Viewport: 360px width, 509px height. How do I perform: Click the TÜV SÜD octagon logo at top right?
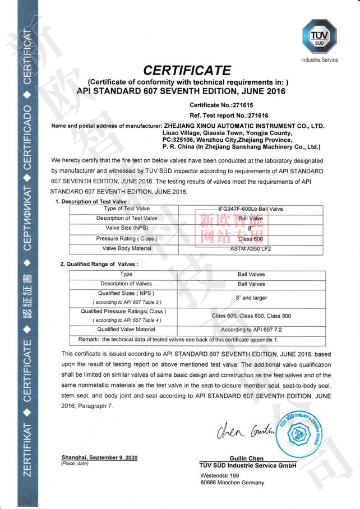point(319,36)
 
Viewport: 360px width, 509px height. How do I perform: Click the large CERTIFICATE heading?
point(187,71)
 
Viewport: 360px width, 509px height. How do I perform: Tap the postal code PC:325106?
point(179,140)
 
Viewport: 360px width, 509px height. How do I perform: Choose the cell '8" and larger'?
point(251,298)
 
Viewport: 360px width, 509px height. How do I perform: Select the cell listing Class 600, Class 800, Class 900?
point(251,316)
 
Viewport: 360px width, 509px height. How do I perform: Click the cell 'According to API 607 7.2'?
point(251,330)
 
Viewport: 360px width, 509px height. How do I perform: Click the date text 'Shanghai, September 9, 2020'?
point(99,458)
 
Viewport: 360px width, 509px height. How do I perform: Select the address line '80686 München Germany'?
point(232,483)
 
